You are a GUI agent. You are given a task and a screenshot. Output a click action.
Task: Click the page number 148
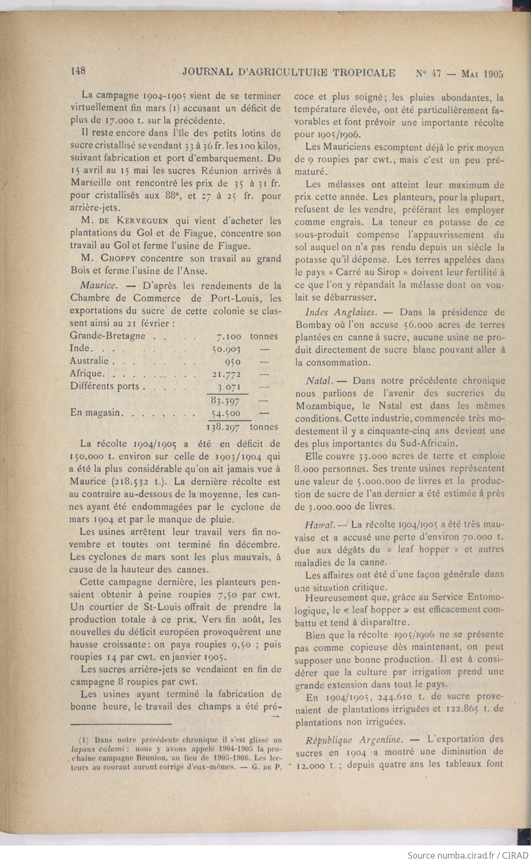point(78,72)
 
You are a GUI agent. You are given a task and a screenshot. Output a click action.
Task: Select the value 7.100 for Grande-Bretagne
point(229,336)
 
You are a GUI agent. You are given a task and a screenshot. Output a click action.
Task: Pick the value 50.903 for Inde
point(226,349)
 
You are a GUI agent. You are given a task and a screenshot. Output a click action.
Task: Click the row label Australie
point(89,361)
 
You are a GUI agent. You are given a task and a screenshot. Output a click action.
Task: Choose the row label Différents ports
point(105,386)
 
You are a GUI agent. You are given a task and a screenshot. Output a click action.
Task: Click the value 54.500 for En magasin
point(226,413)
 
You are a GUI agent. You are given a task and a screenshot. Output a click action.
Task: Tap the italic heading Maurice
point(98,286)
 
